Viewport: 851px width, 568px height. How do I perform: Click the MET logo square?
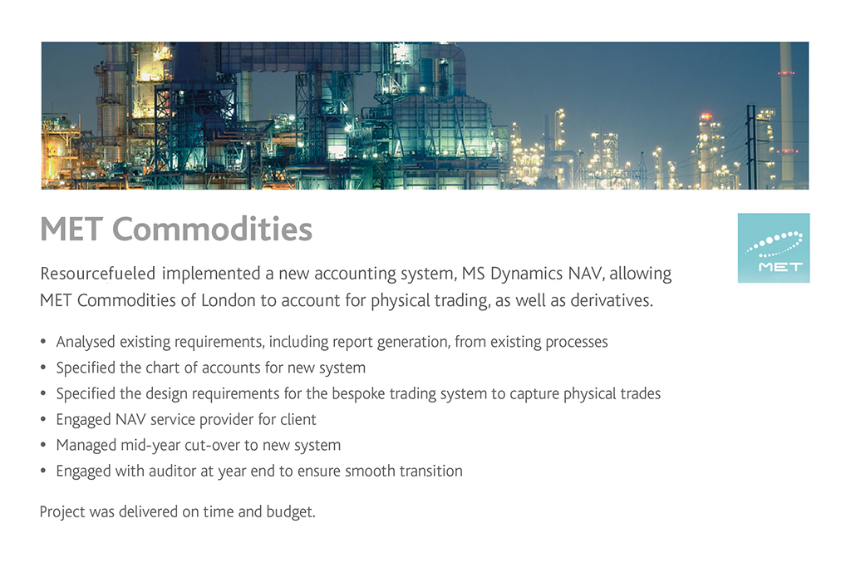click(774, 248)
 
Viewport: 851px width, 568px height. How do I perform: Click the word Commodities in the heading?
click(212, 229)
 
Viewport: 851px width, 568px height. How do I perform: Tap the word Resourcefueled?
click(98, 273)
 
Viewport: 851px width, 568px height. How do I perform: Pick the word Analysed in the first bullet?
click(86, 342)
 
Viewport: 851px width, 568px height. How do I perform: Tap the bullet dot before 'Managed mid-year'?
click(43, 445)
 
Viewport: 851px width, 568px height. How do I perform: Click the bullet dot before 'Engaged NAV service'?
click(43, 418)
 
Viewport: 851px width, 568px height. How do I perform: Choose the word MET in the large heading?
click(71, 229)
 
